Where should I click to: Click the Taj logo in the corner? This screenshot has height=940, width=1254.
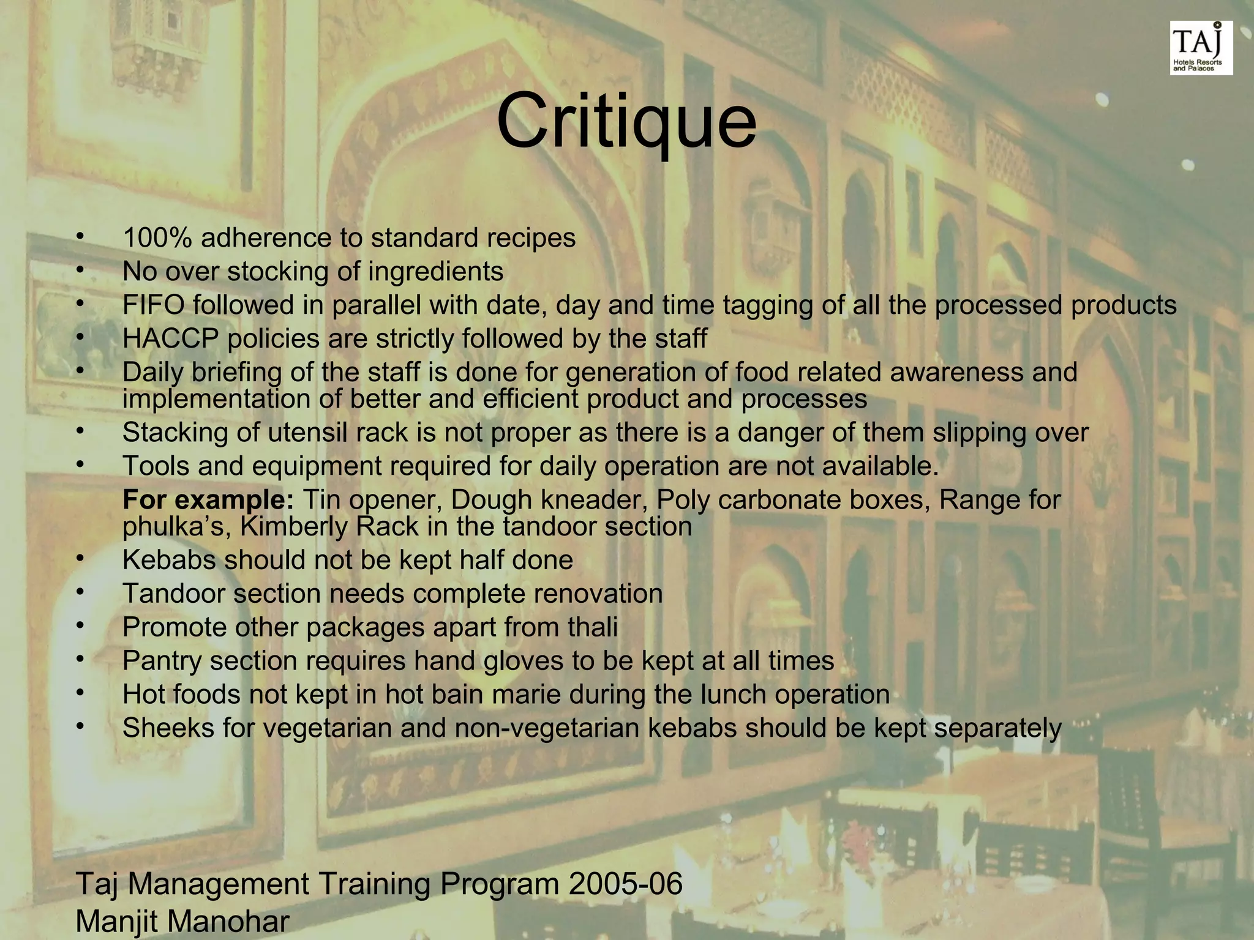1201,48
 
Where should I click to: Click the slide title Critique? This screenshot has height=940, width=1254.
626,121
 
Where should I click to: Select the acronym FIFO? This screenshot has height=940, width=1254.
153,305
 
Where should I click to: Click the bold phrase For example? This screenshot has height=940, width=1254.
208,501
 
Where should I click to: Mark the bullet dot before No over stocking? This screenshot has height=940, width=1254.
79,269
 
